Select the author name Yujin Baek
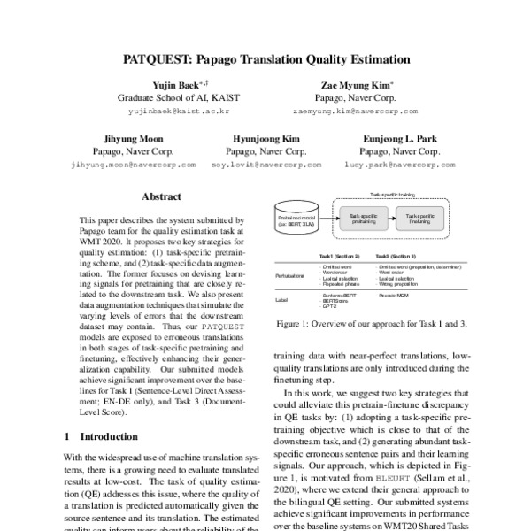click(x=175, y=84)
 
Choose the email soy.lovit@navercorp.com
click(x=265, y=165)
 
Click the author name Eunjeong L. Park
click(x=398, y=139)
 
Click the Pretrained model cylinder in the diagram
click(x=298, y=217)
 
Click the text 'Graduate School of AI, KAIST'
click(x=179, y=98)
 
